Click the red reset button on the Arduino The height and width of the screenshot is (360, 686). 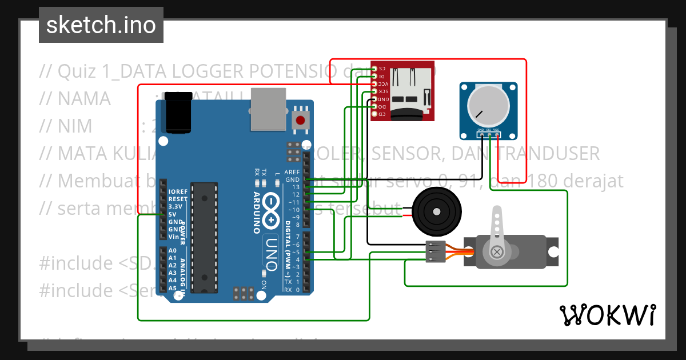click(x=299, y=120)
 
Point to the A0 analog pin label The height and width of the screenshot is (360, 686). click(x=172, y=251)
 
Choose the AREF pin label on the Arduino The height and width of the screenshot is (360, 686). click(x=292, y=172)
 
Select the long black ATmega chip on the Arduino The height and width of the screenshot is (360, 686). click(x=204, y=237)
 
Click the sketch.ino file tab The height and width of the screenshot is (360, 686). click(x=101, y=25)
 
